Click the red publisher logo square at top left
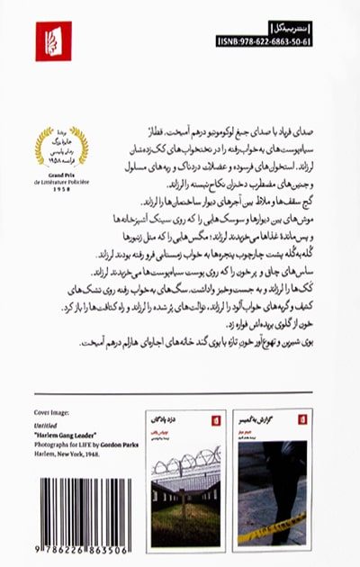point(53,41)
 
